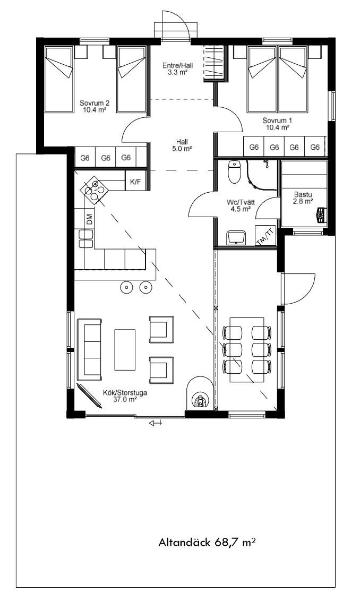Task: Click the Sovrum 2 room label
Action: pos(95,107)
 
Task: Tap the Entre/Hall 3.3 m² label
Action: pos(177,69)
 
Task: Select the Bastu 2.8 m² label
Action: pos(303,197)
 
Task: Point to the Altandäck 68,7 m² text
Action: pos(207,542)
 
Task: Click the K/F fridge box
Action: pos(135,181)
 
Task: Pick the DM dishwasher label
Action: pos(89,219)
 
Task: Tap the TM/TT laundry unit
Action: pos(265,236)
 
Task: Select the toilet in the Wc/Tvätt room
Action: pos(235,171)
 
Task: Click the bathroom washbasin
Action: pos(236,237)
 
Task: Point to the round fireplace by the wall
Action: pos(200,393)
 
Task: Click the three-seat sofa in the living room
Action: pos(90,350)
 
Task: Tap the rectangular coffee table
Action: pos(125,350)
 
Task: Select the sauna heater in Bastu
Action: pos(321,215)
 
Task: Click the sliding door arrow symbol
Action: pos(155,423)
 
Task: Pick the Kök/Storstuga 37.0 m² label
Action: pos(125,396)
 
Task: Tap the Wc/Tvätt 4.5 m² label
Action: pos(238,206)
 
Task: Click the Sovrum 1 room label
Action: pos(277,124)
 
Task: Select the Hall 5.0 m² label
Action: pos(182,145)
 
